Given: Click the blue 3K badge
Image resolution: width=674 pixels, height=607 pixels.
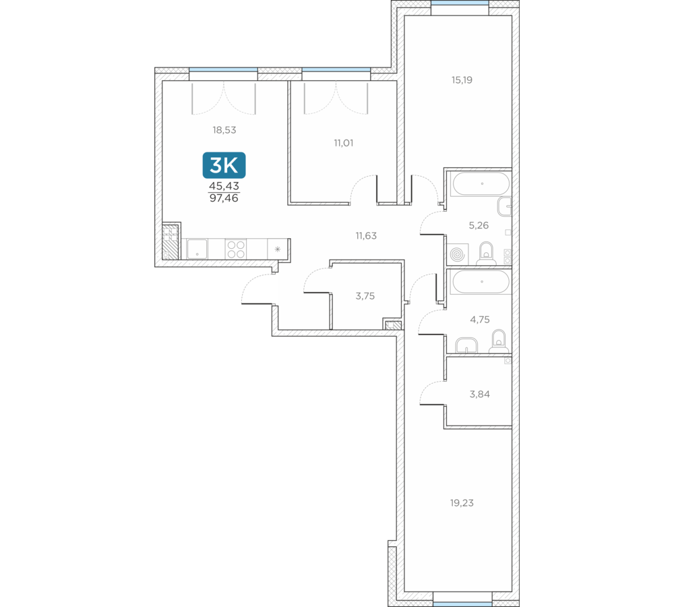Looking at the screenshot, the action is click(224, 165).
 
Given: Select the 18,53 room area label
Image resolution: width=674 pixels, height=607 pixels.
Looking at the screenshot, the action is click(224, 130).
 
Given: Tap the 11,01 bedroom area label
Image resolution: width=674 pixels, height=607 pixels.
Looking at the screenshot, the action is click(344, 143).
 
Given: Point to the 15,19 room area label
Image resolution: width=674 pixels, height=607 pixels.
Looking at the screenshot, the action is click(462, 80).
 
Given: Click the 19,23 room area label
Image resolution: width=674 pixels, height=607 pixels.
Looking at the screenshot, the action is click(462, 503).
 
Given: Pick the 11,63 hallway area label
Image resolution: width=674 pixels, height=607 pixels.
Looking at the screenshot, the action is click(366, 236).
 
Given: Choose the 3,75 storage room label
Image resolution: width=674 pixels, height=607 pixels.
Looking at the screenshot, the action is click(365, 296).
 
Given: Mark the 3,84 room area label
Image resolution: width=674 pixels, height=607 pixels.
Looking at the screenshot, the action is click(479, 394).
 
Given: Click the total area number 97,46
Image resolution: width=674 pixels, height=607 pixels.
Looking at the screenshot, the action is click(224, 198).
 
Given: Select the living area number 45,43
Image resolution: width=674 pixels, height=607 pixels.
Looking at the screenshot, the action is click(224, 186).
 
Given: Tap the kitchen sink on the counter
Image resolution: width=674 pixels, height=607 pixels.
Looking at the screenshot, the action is click(197, 249).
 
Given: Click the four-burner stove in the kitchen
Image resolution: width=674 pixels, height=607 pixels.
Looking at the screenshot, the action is click(235, 249).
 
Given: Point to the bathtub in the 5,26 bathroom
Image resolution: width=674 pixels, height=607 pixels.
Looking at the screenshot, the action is click(482, 183).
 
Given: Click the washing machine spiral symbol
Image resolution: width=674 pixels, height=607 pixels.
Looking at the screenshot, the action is click(458, 255).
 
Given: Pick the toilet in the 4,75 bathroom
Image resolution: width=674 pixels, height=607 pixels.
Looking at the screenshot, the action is click(499, 341).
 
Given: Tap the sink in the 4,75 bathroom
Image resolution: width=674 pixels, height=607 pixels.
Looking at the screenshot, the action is click(466, 345).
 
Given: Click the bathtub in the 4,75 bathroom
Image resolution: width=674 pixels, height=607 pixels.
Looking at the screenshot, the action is click(481, 282).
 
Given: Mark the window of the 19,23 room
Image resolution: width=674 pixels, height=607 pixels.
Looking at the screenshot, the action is click(462, 604).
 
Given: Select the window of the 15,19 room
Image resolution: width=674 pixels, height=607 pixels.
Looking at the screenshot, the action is click(460, 3).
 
